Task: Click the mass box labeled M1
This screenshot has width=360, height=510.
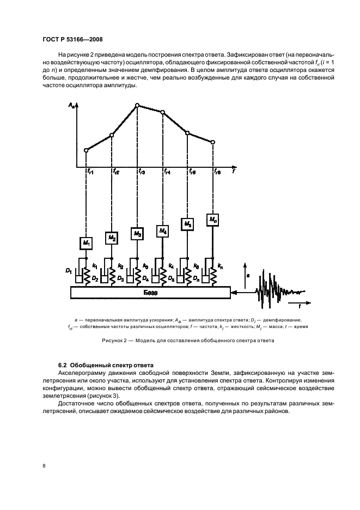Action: coord(86,241)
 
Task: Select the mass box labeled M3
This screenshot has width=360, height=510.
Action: coord(137,234)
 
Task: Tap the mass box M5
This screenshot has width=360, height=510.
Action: coord(188,223)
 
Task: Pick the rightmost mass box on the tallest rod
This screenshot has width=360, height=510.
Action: coord(213,220)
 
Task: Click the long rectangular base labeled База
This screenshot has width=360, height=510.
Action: coord(150,293)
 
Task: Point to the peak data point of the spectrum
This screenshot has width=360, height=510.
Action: coord(137,105)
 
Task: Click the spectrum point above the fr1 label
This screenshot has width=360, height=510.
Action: coord(86,150)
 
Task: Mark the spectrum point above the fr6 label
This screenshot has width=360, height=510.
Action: coord(213,142)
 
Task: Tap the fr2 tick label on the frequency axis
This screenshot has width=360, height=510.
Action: coord(115,172)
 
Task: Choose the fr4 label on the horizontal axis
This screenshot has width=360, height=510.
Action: coord(167,172)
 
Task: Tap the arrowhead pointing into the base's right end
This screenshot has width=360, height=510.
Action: coord(234,293)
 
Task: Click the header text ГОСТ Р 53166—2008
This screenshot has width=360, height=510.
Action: coord(72,39)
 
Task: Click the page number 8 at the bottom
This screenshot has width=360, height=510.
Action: coord(44,466)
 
